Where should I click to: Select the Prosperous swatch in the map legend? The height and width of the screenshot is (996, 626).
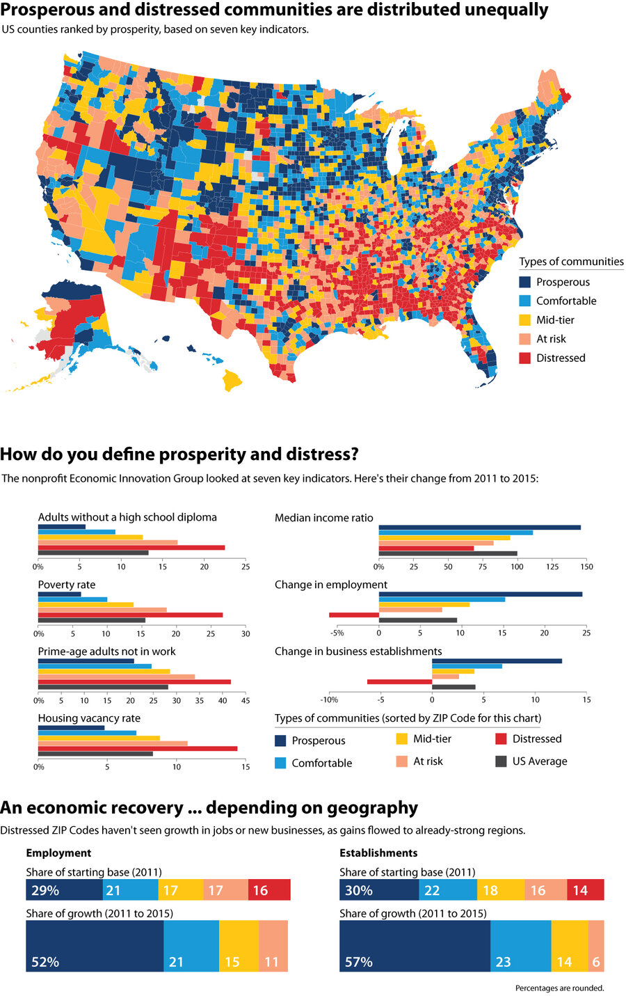point(525,282)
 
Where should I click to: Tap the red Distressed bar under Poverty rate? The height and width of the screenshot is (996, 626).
point(130,615)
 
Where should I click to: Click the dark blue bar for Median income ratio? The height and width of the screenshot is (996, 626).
point(479,528)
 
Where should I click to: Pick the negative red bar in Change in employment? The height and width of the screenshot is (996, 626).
point(353,615)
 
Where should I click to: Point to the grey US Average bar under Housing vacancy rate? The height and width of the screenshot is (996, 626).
point(95,753)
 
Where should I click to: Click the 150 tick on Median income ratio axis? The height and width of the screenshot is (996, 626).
point(586,567)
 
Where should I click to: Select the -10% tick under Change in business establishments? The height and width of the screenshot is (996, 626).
point(328,699)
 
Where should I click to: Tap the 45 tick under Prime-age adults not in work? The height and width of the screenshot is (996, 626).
point(244,700)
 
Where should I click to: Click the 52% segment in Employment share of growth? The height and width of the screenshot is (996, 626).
point(95,945)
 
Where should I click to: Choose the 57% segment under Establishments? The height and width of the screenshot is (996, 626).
point(415,945)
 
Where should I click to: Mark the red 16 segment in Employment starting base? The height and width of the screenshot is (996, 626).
point(269,890)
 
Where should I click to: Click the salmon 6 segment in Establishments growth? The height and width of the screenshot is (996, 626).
point(596,945)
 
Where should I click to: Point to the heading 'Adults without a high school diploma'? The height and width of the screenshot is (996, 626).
point(127,517)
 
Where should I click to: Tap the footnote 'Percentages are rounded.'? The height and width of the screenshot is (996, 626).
point(559,988)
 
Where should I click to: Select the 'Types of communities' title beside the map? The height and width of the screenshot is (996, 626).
point(571,262)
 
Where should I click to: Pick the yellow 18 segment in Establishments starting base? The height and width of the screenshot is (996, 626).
point(500,890)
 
